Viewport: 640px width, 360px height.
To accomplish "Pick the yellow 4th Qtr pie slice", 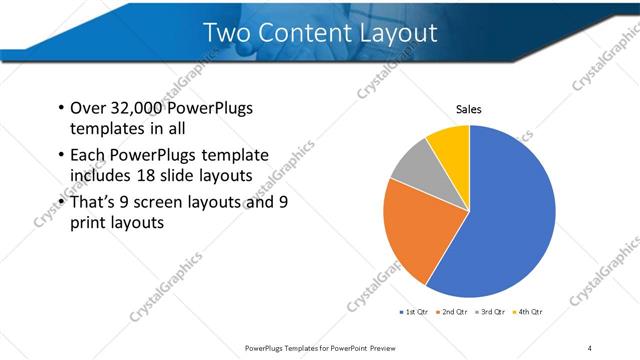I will tap(450, 144).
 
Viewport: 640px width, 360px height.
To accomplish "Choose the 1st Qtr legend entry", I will tap(418, 312).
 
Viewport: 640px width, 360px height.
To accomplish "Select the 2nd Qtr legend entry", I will tap(456, 312).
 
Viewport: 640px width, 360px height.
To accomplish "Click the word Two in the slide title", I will tap(227, 33).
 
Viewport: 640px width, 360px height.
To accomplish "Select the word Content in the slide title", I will tap(301, 33).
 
